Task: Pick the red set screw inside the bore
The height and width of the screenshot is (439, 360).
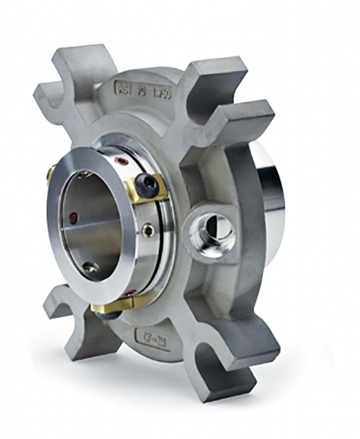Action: [72, 219]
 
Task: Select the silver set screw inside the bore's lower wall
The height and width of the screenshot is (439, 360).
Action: [89, 269]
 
